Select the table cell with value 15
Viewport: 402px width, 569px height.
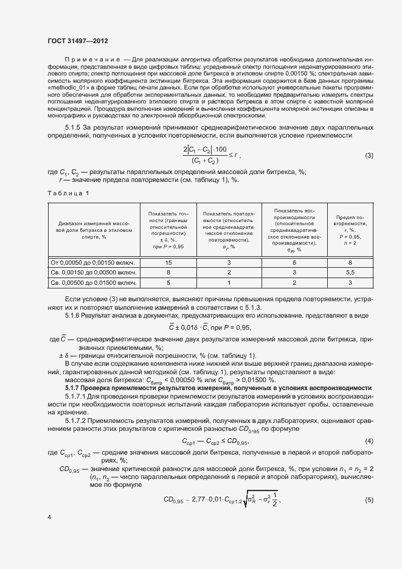coord(168,262)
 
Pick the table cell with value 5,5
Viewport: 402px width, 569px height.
coord(350,273)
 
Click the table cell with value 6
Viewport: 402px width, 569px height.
coord(294,262)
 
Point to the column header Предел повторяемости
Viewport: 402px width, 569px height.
coord(350,229)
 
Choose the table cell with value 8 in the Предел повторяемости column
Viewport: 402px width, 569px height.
coord(350,262)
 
